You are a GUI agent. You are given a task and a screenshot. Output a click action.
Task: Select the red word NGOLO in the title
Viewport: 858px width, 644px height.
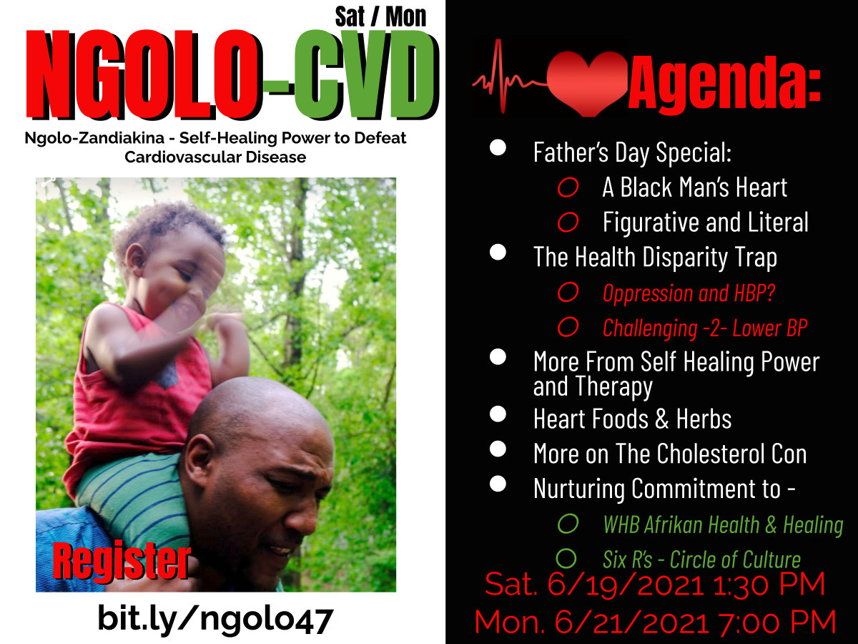pyautogui.click(x=144, y=74)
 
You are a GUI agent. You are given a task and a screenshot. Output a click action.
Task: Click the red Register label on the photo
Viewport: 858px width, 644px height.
pyautogui.click(x=122, y=561)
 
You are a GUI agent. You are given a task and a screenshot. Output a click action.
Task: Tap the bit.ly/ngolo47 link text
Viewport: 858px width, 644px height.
pyautogui.click(x=215, y=620)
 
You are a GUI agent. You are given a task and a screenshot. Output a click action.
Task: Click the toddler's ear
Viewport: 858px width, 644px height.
pyautogui.click(x=136, y=259)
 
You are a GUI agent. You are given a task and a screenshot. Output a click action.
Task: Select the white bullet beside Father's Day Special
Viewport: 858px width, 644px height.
pyautogui.click(x=498, y=148)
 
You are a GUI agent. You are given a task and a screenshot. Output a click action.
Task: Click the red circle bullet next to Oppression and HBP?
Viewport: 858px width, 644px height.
pyautogui.click(x=568, y=292)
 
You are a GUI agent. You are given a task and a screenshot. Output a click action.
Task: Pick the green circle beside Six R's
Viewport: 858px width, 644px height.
pyautogui.click(x=566, y=558)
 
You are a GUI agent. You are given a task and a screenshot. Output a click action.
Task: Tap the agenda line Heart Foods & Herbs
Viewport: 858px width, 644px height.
pyautogui.click(x=633, y=419)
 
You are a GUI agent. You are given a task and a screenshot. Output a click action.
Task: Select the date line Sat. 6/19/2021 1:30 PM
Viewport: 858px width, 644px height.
pyautogui.click(x=655, y=584)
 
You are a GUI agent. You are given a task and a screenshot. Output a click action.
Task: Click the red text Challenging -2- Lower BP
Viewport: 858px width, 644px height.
pyautogui.click(x=705, y=328)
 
